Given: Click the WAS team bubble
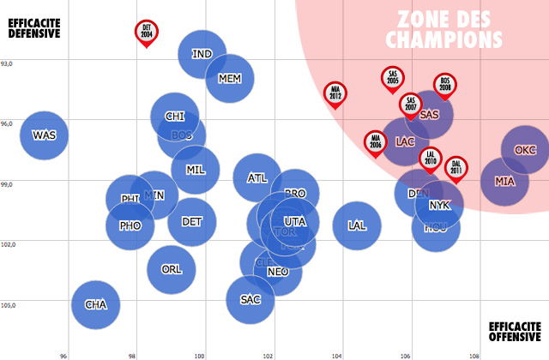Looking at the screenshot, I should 44,135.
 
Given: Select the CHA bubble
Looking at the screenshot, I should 95,305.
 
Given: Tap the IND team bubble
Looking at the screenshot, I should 202,54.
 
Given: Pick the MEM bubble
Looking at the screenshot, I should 230,79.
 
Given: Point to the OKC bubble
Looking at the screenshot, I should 525,150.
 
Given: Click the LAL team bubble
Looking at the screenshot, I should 358,226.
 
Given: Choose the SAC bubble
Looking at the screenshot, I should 251,299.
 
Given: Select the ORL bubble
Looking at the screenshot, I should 172,268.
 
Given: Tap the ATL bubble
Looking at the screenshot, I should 257,178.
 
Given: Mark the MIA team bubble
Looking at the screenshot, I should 505,182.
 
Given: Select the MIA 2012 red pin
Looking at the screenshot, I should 335,93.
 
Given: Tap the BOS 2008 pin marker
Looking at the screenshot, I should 445,84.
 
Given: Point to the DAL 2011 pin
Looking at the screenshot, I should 456,168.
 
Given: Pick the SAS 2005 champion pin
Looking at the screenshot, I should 393,77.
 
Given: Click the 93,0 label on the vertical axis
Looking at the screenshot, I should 9,64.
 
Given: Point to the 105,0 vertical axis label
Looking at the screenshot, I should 9,305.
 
